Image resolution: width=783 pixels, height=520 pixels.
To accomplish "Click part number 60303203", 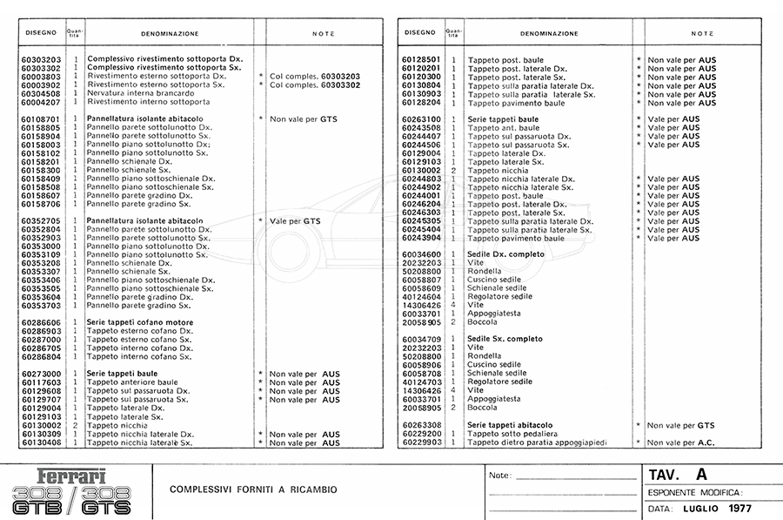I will pyautogui.click(x=41, y=59).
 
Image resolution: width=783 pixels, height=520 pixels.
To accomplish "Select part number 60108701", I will pyautogui.click(x=41, y=118).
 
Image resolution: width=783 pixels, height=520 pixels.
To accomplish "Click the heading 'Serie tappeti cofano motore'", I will pyautogui.click(x=140, y=322).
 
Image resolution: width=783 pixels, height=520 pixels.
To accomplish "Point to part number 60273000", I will pyautogui.click(x=41, y=374).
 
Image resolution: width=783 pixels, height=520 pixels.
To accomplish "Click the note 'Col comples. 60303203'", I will pyautogui.click(x=315, y=77).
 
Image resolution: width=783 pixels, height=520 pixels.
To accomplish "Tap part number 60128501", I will pyautogui.click(x=421, y=59).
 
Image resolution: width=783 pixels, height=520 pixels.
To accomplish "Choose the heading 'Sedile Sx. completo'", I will pyautogui.click(x=505, y=339).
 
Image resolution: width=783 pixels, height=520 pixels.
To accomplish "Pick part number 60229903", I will pyautogui.click(x=421, y=442).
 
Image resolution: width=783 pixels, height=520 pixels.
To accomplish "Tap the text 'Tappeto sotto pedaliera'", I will pyautogui.click(x=512, y=434).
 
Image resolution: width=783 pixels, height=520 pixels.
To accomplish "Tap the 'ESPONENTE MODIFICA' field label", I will pyautogui.click(x=696, y=492).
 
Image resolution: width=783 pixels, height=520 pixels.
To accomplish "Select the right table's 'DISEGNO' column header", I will pyautogui.click(x=420, y=32).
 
